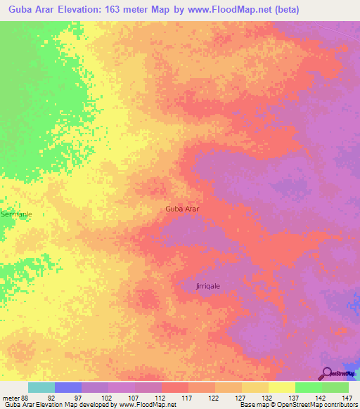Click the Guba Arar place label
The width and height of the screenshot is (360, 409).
coord(183,209)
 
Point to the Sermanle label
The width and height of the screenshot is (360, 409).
coord(15,214)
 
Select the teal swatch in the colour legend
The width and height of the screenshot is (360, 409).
coord(41,387)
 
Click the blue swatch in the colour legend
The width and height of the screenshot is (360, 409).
coord(68,387)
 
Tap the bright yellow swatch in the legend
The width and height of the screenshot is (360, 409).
coord(282,387)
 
